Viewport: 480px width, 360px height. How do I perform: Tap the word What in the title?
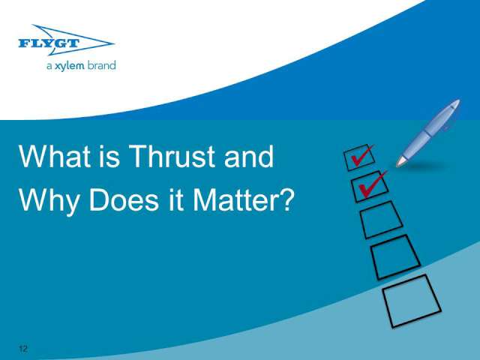55,156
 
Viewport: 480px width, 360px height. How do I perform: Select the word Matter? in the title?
243,200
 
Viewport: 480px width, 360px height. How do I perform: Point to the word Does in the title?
124,200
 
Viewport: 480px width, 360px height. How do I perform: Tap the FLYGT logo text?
49,43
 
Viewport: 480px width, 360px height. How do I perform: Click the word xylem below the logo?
70,66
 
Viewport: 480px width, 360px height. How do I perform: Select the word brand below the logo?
102,65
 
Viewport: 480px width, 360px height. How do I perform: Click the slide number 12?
23,349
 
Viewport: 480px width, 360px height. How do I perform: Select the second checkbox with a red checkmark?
370,187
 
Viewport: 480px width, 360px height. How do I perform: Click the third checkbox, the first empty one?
381,220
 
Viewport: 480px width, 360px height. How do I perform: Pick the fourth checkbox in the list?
395,257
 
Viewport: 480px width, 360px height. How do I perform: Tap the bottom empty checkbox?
412,301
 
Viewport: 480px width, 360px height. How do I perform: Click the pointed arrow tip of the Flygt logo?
114,43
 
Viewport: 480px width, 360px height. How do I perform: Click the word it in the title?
176,200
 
